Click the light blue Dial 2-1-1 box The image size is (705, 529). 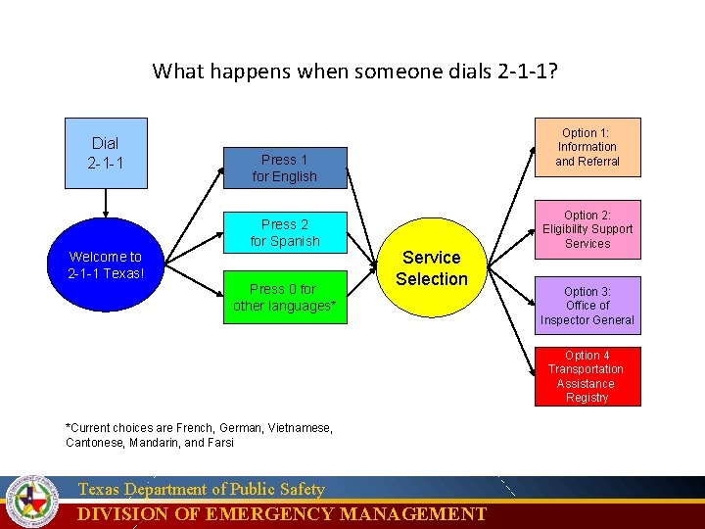pyautogui.click(x=105, y=153)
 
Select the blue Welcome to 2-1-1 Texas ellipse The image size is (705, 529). pyautogui.click(x=106, y=264)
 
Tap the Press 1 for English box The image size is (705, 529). pyautogui.click(x=284, y=168)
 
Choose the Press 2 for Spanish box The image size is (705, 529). pyautogui.click(x=284, y=232)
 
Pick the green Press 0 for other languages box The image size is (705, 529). pyautogui.click(x=284, y=297)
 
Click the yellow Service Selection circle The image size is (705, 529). pyautogui.click(x=432, y=267)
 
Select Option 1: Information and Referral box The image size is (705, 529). pyautogui.click(x=587, y=147)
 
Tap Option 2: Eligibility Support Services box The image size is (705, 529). pyautogui.click(x=587, y=229)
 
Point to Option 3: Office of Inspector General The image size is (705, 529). pyautogui.click(x=587, y=306)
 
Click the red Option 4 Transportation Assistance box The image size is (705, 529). pyautogui.click(x=587, y=376)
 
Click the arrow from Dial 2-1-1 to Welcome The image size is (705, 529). pyautogui.click(x=105, y=203)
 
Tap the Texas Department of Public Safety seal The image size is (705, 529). pyautogui.click(x=32, y=502)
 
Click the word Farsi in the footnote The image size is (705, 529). pyautogui.click(x=219, y=442)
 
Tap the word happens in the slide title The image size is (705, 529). pyautogui.click(x=240, y=72)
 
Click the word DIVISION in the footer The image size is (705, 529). pyautogui.click(x=122, y=514)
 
